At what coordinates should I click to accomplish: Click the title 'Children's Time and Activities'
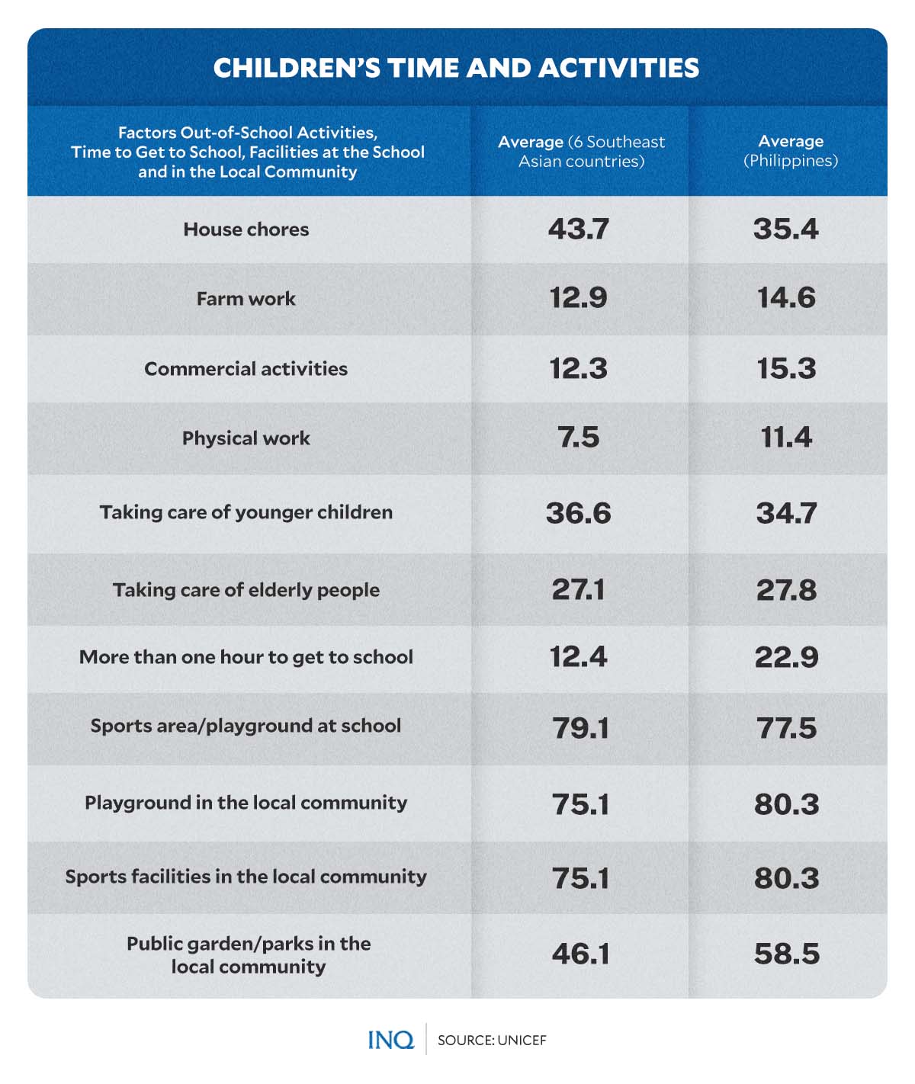(456, 68)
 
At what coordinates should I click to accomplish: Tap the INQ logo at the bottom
(390, 1040)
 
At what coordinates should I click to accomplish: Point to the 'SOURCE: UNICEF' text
(492, 1041)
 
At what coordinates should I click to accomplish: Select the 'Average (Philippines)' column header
(791, 151)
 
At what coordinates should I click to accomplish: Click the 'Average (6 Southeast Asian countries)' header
(581, 152)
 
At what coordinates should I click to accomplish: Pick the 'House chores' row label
(246, 229)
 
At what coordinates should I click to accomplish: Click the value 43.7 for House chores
(579, 229)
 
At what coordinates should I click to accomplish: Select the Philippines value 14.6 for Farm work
(786, 297)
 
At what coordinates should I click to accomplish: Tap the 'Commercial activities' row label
(246, 369)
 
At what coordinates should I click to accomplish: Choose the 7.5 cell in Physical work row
(579, 438)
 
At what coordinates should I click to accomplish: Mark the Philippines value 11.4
(786, 438)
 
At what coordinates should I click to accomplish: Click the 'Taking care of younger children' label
(246, 512)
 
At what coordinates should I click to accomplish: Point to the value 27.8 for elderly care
(786, 590)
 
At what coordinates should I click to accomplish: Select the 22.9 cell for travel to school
(786, 657)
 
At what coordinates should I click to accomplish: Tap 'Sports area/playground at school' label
(246, 726)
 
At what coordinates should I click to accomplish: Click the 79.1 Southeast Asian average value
(580, 728)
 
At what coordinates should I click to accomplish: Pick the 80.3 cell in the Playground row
(786, 804)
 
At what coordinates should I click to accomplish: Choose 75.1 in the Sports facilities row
(580, 878)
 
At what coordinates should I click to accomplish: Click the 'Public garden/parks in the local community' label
(249, 955)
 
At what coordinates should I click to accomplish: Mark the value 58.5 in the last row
(786, 954)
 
